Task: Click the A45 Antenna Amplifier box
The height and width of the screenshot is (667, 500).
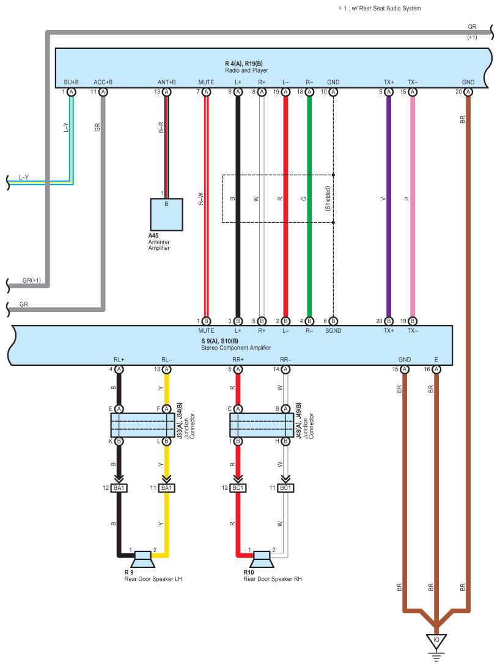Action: tap(166, 214)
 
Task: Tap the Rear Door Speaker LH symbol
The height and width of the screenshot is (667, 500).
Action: tap(142, 559)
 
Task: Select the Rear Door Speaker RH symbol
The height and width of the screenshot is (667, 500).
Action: tap(262, 559)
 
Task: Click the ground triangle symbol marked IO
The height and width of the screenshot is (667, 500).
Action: tap(436, 641)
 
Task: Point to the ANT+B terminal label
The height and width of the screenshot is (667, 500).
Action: tap(166, 82)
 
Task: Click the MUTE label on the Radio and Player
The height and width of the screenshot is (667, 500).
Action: tap(206, 82)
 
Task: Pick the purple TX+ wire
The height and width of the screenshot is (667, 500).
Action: tap(389, 206)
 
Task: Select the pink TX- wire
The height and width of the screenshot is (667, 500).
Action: tap(413, 206)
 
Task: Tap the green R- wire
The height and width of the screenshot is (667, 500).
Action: tap(309, 206)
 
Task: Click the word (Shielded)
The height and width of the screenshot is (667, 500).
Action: tap(328, 199)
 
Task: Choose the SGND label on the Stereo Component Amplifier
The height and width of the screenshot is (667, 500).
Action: tap(333, 330)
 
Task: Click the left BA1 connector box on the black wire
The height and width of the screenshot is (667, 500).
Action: tap(119, 487)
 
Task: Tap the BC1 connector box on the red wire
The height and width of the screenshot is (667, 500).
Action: tap(238, 487)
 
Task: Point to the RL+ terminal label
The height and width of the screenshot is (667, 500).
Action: tap(119, 359)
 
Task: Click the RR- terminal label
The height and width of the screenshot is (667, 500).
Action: tap(285, 359)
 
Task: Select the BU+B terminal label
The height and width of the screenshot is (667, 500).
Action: tap(71, 82)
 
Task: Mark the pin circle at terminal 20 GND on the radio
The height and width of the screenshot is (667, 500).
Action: tap(468, 92)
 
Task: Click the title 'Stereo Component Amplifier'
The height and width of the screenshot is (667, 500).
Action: tap(236, 348)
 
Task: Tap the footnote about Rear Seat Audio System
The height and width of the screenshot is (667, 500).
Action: tap(380, 8)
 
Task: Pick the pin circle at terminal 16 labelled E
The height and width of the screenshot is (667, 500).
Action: tap(436, 369)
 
